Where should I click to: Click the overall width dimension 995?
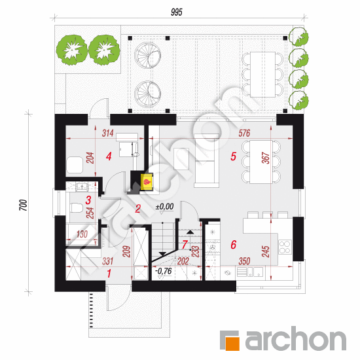tap(177, 12)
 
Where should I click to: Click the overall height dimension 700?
tap(23, 205)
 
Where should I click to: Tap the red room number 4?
tap(109, 156)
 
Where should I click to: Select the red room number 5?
tap(233, 156)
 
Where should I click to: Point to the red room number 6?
tap(234, 245)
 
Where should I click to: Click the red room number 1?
tap(109, 274)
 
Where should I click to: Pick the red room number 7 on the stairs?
tap(185, 244)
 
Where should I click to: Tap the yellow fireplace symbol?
tap(147, 182)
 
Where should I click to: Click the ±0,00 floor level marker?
tap(164, 206)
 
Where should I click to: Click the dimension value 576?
tap(244, 133)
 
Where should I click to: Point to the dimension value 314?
tap(108, 133)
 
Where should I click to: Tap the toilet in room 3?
tap(77, 207)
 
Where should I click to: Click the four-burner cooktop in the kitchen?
tap(285, 247)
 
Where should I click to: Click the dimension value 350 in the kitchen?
tap(244, 261)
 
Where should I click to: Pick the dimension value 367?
tap(265, 158)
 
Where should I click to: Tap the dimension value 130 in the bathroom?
tap(82, 234)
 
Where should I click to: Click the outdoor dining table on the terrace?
tap(262, 75)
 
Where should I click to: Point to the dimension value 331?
tap(108, 261)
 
